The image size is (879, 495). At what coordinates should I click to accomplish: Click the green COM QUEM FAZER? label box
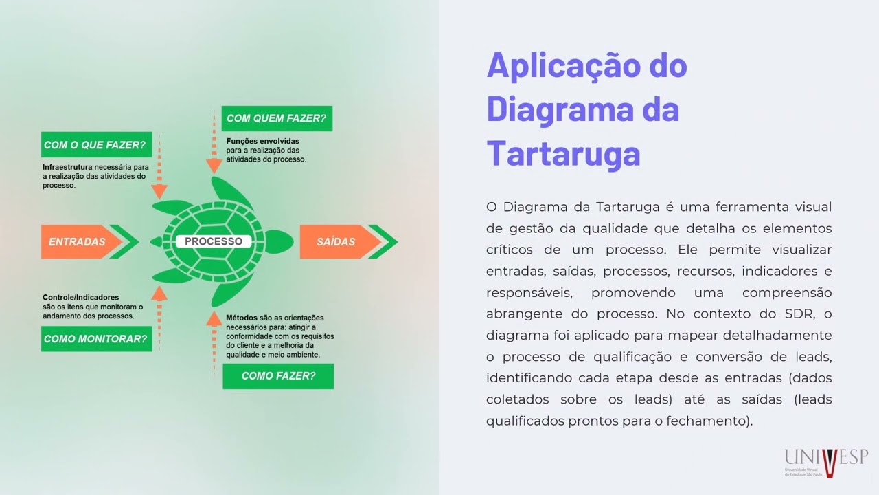click(276, 118)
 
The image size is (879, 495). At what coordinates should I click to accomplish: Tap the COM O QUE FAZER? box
click(95, 145)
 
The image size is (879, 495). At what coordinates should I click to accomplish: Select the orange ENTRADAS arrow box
click(77, 242)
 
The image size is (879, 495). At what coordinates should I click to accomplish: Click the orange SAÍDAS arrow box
click(336, 242)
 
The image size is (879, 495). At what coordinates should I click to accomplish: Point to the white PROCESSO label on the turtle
click(214, 242)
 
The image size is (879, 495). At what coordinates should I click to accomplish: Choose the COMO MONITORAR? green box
click(95, 339)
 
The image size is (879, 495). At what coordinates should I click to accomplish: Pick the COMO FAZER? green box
click(278, 376)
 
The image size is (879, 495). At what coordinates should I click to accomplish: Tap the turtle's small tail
click(156, 242)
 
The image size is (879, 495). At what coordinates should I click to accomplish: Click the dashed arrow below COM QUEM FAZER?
click(214, 151)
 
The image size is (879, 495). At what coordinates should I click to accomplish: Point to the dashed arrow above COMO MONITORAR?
click(159, 316)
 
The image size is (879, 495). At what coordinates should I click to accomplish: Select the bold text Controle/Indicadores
click(80, 298)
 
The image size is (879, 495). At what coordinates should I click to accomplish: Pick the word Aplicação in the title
click(562, 66)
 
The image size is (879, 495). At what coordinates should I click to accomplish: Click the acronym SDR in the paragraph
click(799, 314)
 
